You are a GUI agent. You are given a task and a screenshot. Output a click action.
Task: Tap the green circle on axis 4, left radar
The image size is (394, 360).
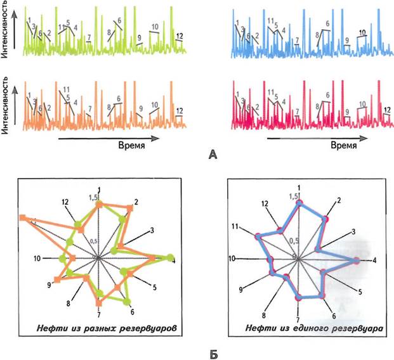(169, 257)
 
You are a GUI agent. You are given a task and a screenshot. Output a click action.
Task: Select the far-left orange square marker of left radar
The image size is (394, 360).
(23, 218)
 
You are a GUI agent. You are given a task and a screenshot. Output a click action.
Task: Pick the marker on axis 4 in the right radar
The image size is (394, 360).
(357, 260)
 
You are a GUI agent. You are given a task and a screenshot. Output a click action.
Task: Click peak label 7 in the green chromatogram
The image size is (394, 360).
(89, 37)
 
